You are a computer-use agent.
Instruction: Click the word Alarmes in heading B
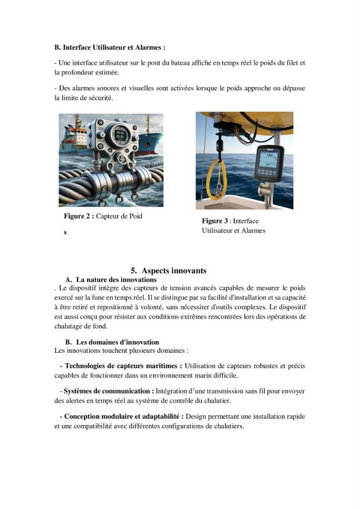tap(148, 47)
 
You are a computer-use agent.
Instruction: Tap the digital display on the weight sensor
tap(120, 135)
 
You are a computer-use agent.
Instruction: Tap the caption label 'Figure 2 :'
tap(79, 216)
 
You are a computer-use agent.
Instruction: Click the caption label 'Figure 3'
tap(215, 221)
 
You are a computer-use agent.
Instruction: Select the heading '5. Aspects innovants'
tap(169, 271)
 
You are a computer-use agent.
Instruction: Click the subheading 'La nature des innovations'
tap(116, 280)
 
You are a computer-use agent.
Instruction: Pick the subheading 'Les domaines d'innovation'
tap(118, 342)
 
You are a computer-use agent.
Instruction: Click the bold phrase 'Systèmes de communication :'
tap(109, 391)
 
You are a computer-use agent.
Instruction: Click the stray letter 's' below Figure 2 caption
tap(65, 233)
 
